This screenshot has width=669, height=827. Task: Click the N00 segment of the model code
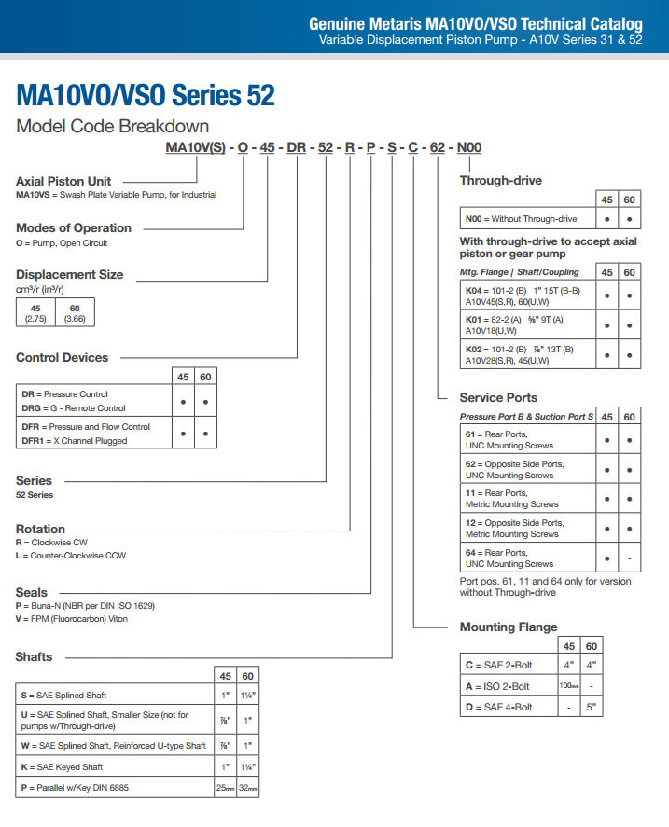[x=469, y=147]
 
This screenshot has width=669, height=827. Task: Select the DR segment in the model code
[x=296, y=147]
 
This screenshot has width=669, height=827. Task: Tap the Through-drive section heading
[x=500, y=180]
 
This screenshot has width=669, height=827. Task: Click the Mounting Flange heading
[x=509, y=627]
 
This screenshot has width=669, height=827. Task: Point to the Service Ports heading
[x=498, y=397]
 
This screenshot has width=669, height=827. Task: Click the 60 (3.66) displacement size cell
[x=75, y=312]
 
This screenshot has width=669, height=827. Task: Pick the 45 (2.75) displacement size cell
[x=35, y=312]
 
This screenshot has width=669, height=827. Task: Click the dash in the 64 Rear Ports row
[x=630, y=558]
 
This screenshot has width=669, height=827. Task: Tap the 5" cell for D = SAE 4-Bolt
[x=592, y=707]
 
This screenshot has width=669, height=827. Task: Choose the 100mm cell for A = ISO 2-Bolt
[x=568, y=685]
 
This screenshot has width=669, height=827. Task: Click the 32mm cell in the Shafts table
[x=247, y=788]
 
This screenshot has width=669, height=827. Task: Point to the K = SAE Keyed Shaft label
[x=62, y=767]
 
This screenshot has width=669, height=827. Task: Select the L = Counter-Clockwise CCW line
[x=71, y=556]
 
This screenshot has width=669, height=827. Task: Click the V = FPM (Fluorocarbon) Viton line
[x=71, y=619]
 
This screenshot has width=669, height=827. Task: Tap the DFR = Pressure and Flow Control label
[x=86, y=427]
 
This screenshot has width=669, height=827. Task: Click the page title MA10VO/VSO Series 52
[x=146, y=95]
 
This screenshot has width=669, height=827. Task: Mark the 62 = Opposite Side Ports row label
[x=514, y=469]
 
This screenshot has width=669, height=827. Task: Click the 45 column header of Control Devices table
[x=183, y=377]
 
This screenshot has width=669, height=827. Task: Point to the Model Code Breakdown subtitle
[x=113, y=126]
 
